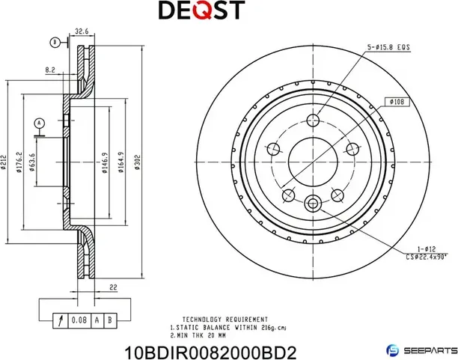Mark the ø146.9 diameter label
[x=103, y=160]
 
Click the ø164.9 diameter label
[x=120, y=162]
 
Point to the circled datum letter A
[x=39, y=122]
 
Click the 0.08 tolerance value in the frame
[x=78, y=320]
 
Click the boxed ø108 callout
[x=397, y=102]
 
